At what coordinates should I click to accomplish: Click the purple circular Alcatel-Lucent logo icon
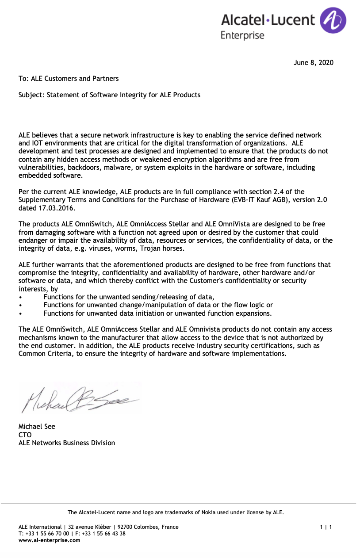click(333, 20)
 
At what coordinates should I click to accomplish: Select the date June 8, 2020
click(314, 63)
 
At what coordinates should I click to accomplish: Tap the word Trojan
click(154, 248)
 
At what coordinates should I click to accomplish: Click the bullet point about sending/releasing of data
click(128, 297)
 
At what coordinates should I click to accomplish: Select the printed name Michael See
click(37, 427)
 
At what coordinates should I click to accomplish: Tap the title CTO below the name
click(25, 435)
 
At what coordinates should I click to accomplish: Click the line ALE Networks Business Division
click(67, 443)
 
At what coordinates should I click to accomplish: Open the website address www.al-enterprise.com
click(50, 540)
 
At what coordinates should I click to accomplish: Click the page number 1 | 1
click(326, 527)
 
